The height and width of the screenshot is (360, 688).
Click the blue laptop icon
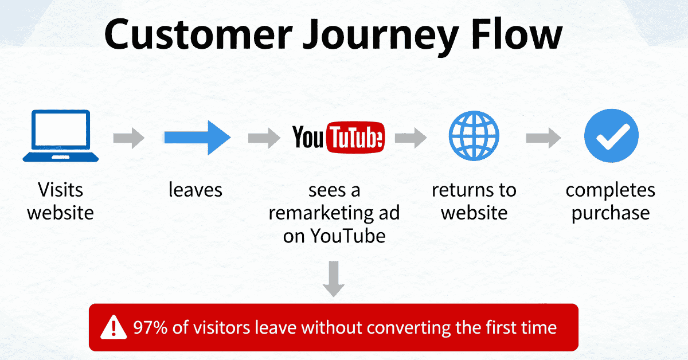(60, 136)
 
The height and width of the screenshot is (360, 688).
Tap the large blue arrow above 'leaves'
(197, 137)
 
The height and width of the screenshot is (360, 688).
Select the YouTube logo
(338, 138)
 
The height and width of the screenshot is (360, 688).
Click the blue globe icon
(474, 137)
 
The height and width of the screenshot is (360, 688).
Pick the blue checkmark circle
(611, 137)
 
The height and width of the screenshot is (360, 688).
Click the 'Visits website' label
(60, 201)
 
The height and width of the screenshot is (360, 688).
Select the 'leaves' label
(195, 190)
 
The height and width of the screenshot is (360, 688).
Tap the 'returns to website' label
(474, 201)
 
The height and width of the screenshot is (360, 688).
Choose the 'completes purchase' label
(611, 201)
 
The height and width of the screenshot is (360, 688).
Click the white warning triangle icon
(114, 327)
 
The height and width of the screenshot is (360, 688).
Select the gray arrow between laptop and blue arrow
(129, 138)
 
